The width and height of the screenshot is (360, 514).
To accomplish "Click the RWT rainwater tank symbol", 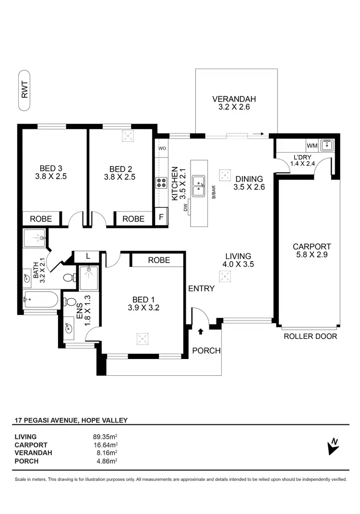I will pos(24,89).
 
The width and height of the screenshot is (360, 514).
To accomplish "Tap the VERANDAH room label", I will pos(234,99).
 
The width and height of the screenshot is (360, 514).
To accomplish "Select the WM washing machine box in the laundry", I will pos(312,145).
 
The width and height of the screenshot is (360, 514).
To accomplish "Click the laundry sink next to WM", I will pos(327,145).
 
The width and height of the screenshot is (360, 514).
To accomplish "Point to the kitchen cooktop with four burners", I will pos(161,183).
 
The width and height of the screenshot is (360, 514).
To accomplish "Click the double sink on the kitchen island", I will pos(199,186).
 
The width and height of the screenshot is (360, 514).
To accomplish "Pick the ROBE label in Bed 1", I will pos(158,260).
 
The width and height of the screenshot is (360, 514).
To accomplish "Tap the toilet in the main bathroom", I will pos(69,277).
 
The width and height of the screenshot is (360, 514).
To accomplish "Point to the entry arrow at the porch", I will pos(200,331).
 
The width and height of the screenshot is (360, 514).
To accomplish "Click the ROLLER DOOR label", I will pos(310,336).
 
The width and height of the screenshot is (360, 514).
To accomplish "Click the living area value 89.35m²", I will pos(105,437).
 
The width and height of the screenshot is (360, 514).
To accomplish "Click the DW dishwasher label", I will pos(185,207).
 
